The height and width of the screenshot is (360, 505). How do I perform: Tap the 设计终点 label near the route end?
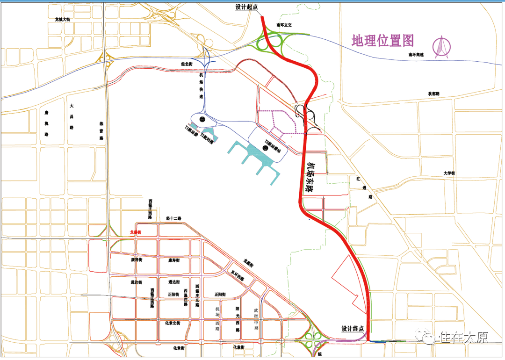click(x=353, y=329)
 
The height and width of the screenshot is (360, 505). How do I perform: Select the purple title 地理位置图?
click(x=383, y=41)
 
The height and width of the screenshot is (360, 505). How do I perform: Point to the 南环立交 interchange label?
click(x=284, y=25)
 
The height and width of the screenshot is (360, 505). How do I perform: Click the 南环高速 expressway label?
click(x=416, y=55)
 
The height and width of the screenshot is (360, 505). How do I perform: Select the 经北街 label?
click(x=187, y=64)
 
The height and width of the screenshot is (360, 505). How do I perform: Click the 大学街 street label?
click(x=449, y=173)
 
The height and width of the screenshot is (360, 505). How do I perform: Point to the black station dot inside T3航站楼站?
click(x=265, y=148)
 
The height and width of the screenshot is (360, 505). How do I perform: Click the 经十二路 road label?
click(x=173, y=218)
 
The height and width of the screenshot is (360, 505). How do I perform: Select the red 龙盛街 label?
click(x=135, y=232)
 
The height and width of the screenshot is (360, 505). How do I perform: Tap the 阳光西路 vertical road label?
click(x=238, y=319)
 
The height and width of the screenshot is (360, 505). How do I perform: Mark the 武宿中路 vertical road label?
click(x=256, y=319)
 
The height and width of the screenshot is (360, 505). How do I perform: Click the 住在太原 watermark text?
click(x=463, y=337)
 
